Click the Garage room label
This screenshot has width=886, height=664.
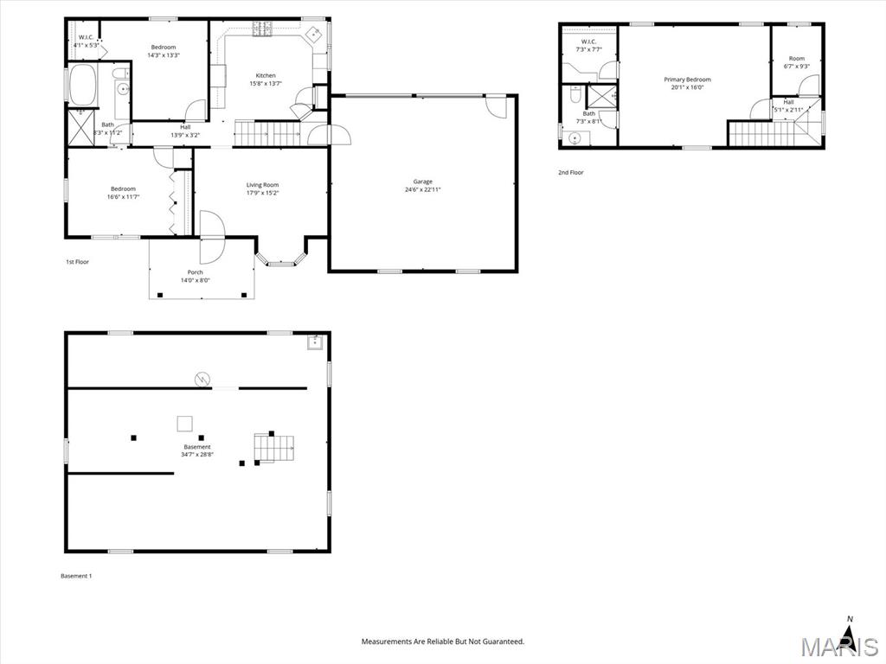point(422,182)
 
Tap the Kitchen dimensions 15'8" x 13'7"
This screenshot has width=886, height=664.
point(266,84)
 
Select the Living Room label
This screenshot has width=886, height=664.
point(262,185)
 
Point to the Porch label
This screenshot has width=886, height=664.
point(196,272)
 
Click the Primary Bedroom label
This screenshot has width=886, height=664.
point(687,80)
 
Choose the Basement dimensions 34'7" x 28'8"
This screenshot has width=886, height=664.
point(197,455)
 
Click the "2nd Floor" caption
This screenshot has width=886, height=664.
point(571,173)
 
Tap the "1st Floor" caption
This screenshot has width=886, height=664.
point(77,262)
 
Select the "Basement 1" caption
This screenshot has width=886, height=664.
point(76,576)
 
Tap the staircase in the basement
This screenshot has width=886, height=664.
point(273,448)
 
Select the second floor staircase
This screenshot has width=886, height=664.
point(766,134)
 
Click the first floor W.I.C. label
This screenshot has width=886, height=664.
point(87,37)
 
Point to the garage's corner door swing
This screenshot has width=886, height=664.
point(496,106)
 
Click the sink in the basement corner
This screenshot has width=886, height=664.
point(315,343)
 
